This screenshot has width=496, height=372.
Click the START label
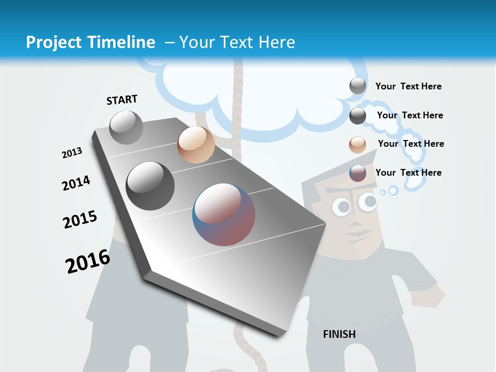point(122,100)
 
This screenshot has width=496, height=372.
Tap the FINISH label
point(339,334)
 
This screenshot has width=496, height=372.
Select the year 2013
point(72,153)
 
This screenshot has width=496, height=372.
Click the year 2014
point(76,183)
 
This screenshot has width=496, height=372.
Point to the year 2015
point(80,220)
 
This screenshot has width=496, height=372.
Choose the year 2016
point(88,261)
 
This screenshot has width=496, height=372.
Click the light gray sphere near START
point(127,127)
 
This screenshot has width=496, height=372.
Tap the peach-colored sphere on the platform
point(196,145)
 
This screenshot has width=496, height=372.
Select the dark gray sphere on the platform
point(150,186)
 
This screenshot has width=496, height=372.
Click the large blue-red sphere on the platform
point(224,214)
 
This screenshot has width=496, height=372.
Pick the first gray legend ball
point(358,86)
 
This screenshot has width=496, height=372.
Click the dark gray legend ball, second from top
point(358,116)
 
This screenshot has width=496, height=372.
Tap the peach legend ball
point(358,145)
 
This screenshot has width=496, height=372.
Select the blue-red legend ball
point(358,173)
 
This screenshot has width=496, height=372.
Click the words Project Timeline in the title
point(90,42)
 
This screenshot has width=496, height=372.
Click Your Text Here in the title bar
point(237,42)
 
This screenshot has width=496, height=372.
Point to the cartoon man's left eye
point(341,207)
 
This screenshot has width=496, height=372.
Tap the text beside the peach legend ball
point(411,144)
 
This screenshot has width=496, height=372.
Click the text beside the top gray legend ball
point(408,86)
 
